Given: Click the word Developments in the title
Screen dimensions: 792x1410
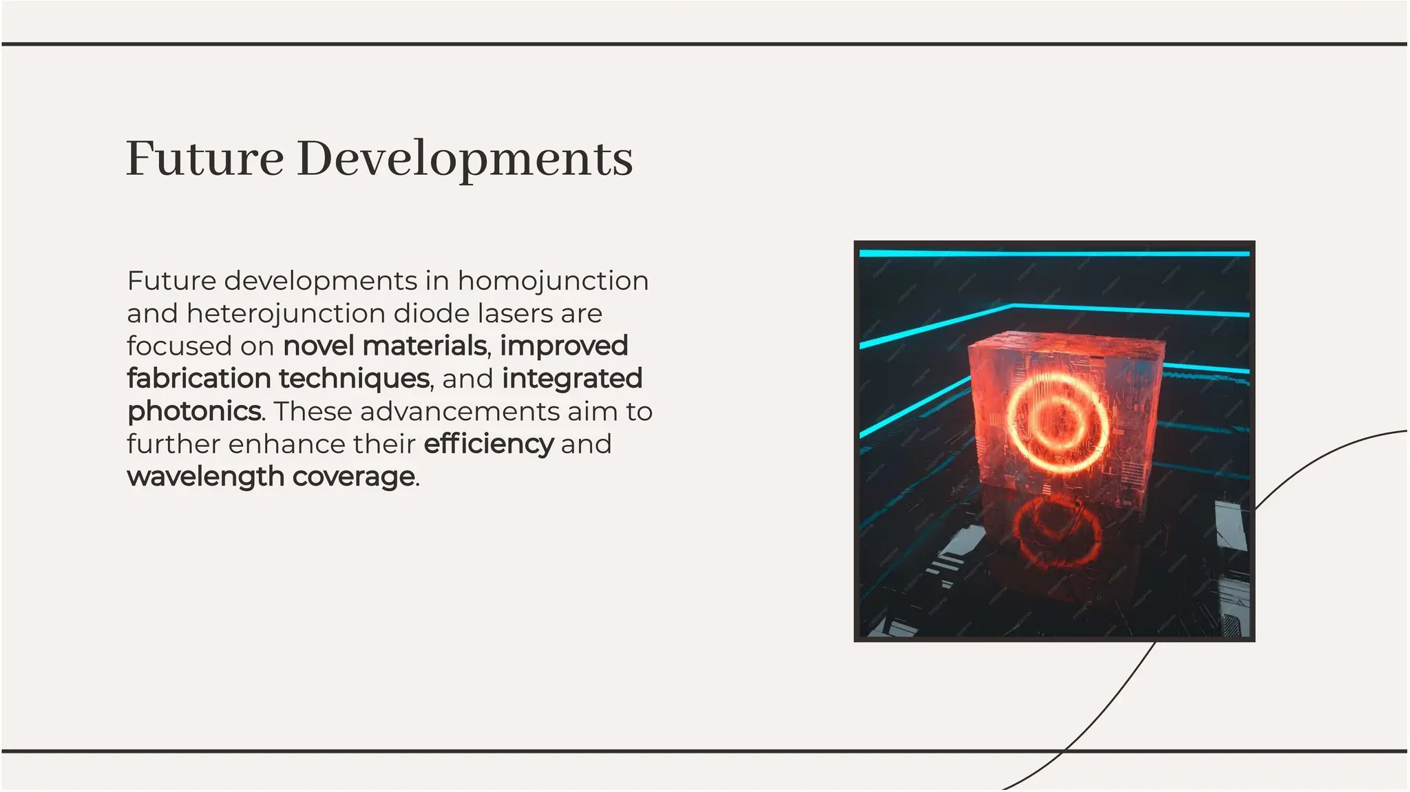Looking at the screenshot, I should tap(465, 160).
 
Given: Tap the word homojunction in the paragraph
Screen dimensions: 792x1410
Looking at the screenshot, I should tap(553, 281).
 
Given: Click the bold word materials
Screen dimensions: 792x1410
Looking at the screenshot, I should tap(425, 346).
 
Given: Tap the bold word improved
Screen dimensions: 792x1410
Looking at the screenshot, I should tap(564, 346).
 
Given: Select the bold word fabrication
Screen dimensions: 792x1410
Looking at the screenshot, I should tap(199, 378).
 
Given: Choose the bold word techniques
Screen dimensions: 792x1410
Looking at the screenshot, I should tap(355, 379).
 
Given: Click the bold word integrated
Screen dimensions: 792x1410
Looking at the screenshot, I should tap(572, 379).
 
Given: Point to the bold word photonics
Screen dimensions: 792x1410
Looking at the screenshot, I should tap(195, 412).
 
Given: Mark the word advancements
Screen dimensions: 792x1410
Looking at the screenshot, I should tap(459, 411).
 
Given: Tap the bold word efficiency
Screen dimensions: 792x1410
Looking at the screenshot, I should tap(488, 444).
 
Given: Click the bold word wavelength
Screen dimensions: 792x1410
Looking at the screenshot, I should tap(206, 477).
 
